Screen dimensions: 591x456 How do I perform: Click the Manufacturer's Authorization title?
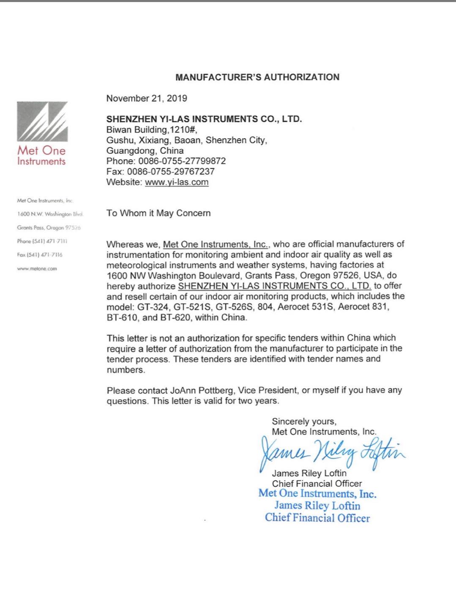click(257, 77)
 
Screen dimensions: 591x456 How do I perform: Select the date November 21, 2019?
click(147, 98)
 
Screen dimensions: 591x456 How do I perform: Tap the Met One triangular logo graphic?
click(42, 122)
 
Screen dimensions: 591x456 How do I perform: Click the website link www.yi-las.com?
click(177, 182)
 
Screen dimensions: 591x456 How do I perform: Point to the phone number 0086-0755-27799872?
click(182, 161)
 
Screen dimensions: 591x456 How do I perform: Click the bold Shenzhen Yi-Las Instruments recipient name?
click(204, 119)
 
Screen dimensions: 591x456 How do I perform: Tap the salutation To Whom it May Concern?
click(158, 213)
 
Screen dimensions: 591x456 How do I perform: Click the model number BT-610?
click(120, 317)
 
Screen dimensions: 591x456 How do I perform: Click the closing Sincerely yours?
click(304, 421)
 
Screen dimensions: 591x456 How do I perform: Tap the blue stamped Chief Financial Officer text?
click(317, 518)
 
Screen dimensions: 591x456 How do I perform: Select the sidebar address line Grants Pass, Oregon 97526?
click(49, 228)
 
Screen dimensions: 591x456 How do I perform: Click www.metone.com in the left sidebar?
click(37, 269)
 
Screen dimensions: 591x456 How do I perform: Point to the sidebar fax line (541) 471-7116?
click(40, 255)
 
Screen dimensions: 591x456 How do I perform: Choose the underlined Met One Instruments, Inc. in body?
click(215, 244)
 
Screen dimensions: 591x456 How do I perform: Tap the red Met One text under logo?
click(41, 150)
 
